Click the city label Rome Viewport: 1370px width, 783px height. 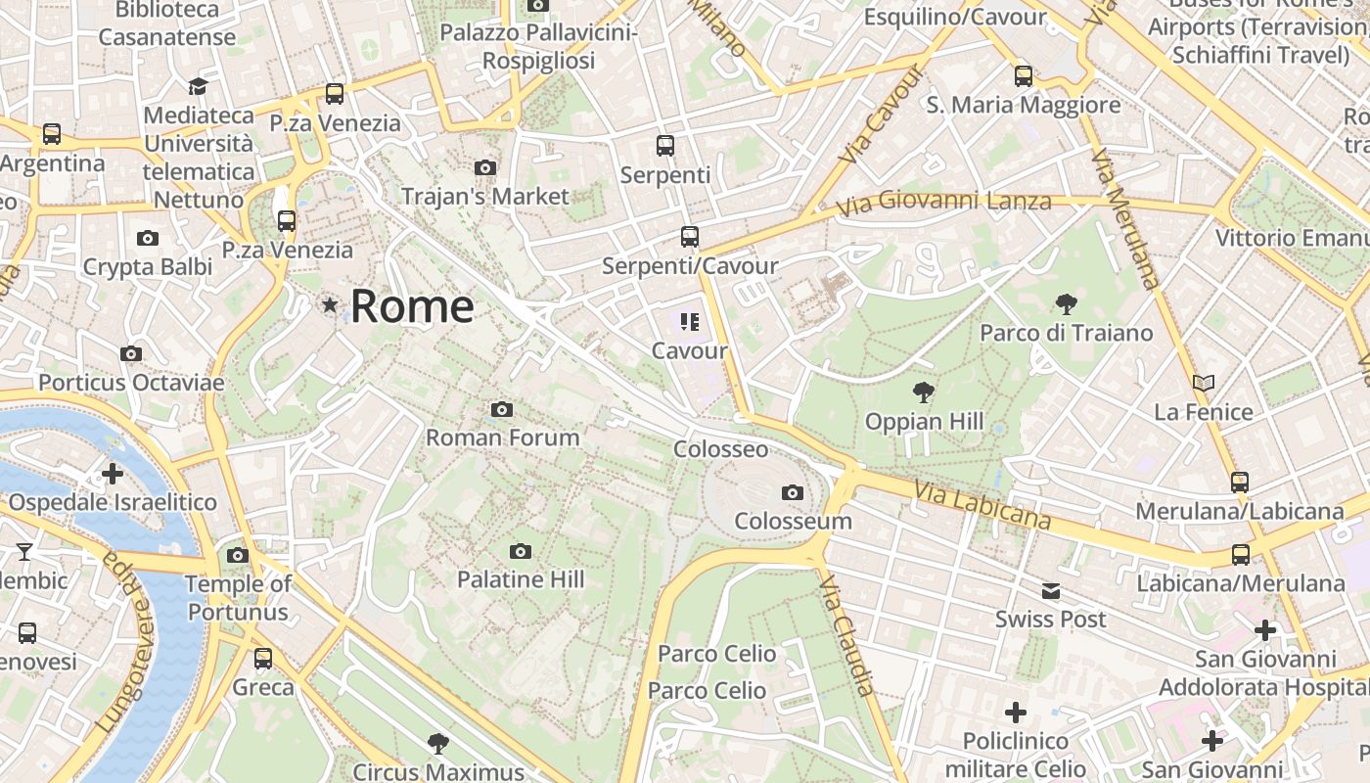(412, 306)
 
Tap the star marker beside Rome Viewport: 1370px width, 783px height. (330, 306)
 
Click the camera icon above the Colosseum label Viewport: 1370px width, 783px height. (793, 492)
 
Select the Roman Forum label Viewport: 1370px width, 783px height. (502, 438)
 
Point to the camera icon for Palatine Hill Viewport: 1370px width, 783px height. (521, 552)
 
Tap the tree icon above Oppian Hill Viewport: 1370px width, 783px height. (922, 393)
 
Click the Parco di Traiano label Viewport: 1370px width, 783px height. (1067, 333)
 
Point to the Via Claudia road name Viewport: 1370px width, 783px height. (845, 636)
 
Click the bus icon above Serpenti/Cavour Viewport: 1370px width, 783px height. (690, 237)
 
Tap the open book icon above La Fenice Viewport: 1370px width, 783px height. (1204, 384)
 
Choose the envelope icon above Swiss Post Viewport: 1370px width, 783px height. (1050, 591)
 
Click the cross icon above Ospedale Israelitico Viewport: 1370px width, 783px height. (113, 475)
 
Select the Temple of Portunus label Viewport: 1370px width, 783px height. (238, 598)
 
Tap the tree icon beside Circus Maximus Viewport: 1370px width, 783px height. (437, 744)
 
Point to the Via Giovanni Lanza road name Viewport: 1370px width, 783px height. (943, 203)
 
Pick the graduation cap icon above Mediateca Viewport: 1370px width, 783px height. (198, 86)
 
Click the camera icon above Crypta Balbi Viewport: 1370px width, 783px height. (148, 238)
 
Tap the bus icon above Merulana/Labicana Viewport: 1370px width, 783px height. (1240, 482)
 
